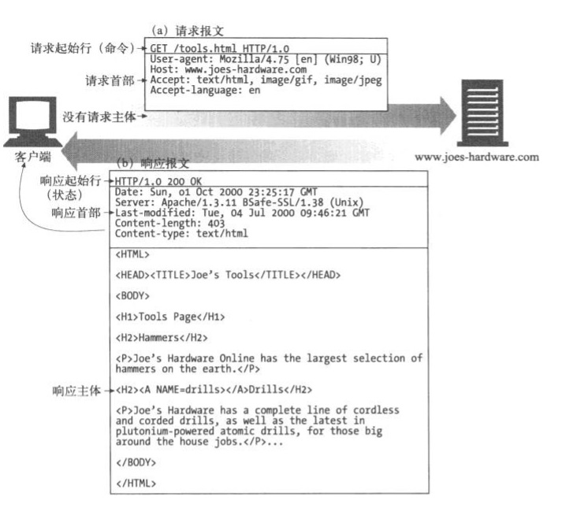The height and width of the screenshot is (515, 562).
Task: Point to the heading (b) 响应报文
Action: pyautogui.click(x=153, y=164)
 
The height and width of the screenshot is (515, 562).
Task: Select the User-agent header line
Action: pyautogui.click(x=264, y=60)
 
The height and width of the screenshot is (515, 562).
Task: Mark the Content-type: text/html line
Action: pyautogui.click(x=181, y=233)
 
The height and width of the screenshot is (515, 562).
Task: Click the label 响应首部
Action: pyautogui.click(x=77, y=212)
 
